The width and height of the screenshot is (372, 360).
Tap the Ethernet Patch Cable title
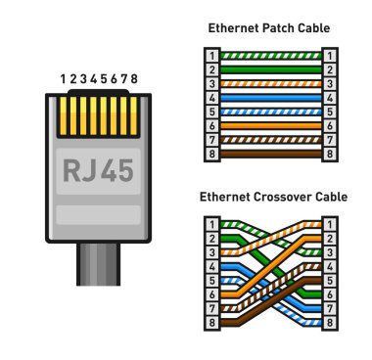tap(269, 28)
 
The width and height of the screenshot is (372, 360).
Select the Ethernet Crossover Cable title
tap(269, 196)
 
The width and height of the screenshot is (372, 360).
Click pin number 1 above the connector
tap(62, 78)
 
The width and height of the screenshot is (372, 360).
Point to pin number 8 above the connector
tap(134, 78)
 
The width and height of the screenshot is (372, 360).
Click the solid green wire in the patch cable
tap(269, 69)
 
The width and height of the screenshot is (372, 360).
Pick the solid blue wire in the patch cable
tap(269, 98)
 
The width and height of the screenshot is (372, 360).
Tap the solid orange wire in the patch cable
tap(269, 125)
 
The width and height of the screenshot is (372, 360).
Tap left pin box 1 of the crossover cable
tap(212, 224)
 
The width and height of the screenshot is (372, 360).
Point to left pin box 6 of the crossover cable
tap(212, 293)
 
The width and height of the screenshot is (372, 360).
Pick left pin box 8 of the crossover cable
tap(212, 321)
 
